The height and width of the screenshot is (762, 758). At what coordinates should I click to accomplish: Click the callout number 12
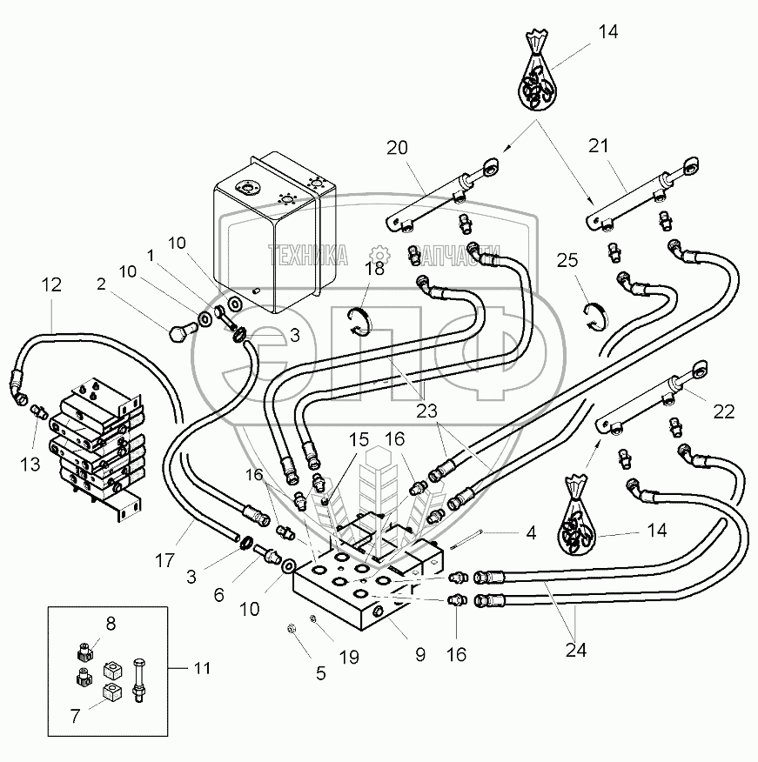click(x=51, y=284)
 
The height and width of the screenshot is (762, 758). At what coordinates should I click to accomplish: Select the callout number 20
click(x=397, y=149)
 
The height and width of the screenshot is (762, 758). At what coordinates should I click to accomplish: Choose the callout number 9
click(x=419, y=653)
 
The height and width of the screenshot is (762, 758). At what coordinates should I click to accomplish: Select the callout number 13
click(x=30, y=465)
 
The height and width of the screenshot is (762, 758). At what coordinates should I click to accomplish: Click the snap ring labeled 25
click(x=595, y=315)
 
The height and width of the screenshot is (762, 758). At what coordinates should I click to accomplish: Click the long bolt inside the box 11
click(x=139, y=677)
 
